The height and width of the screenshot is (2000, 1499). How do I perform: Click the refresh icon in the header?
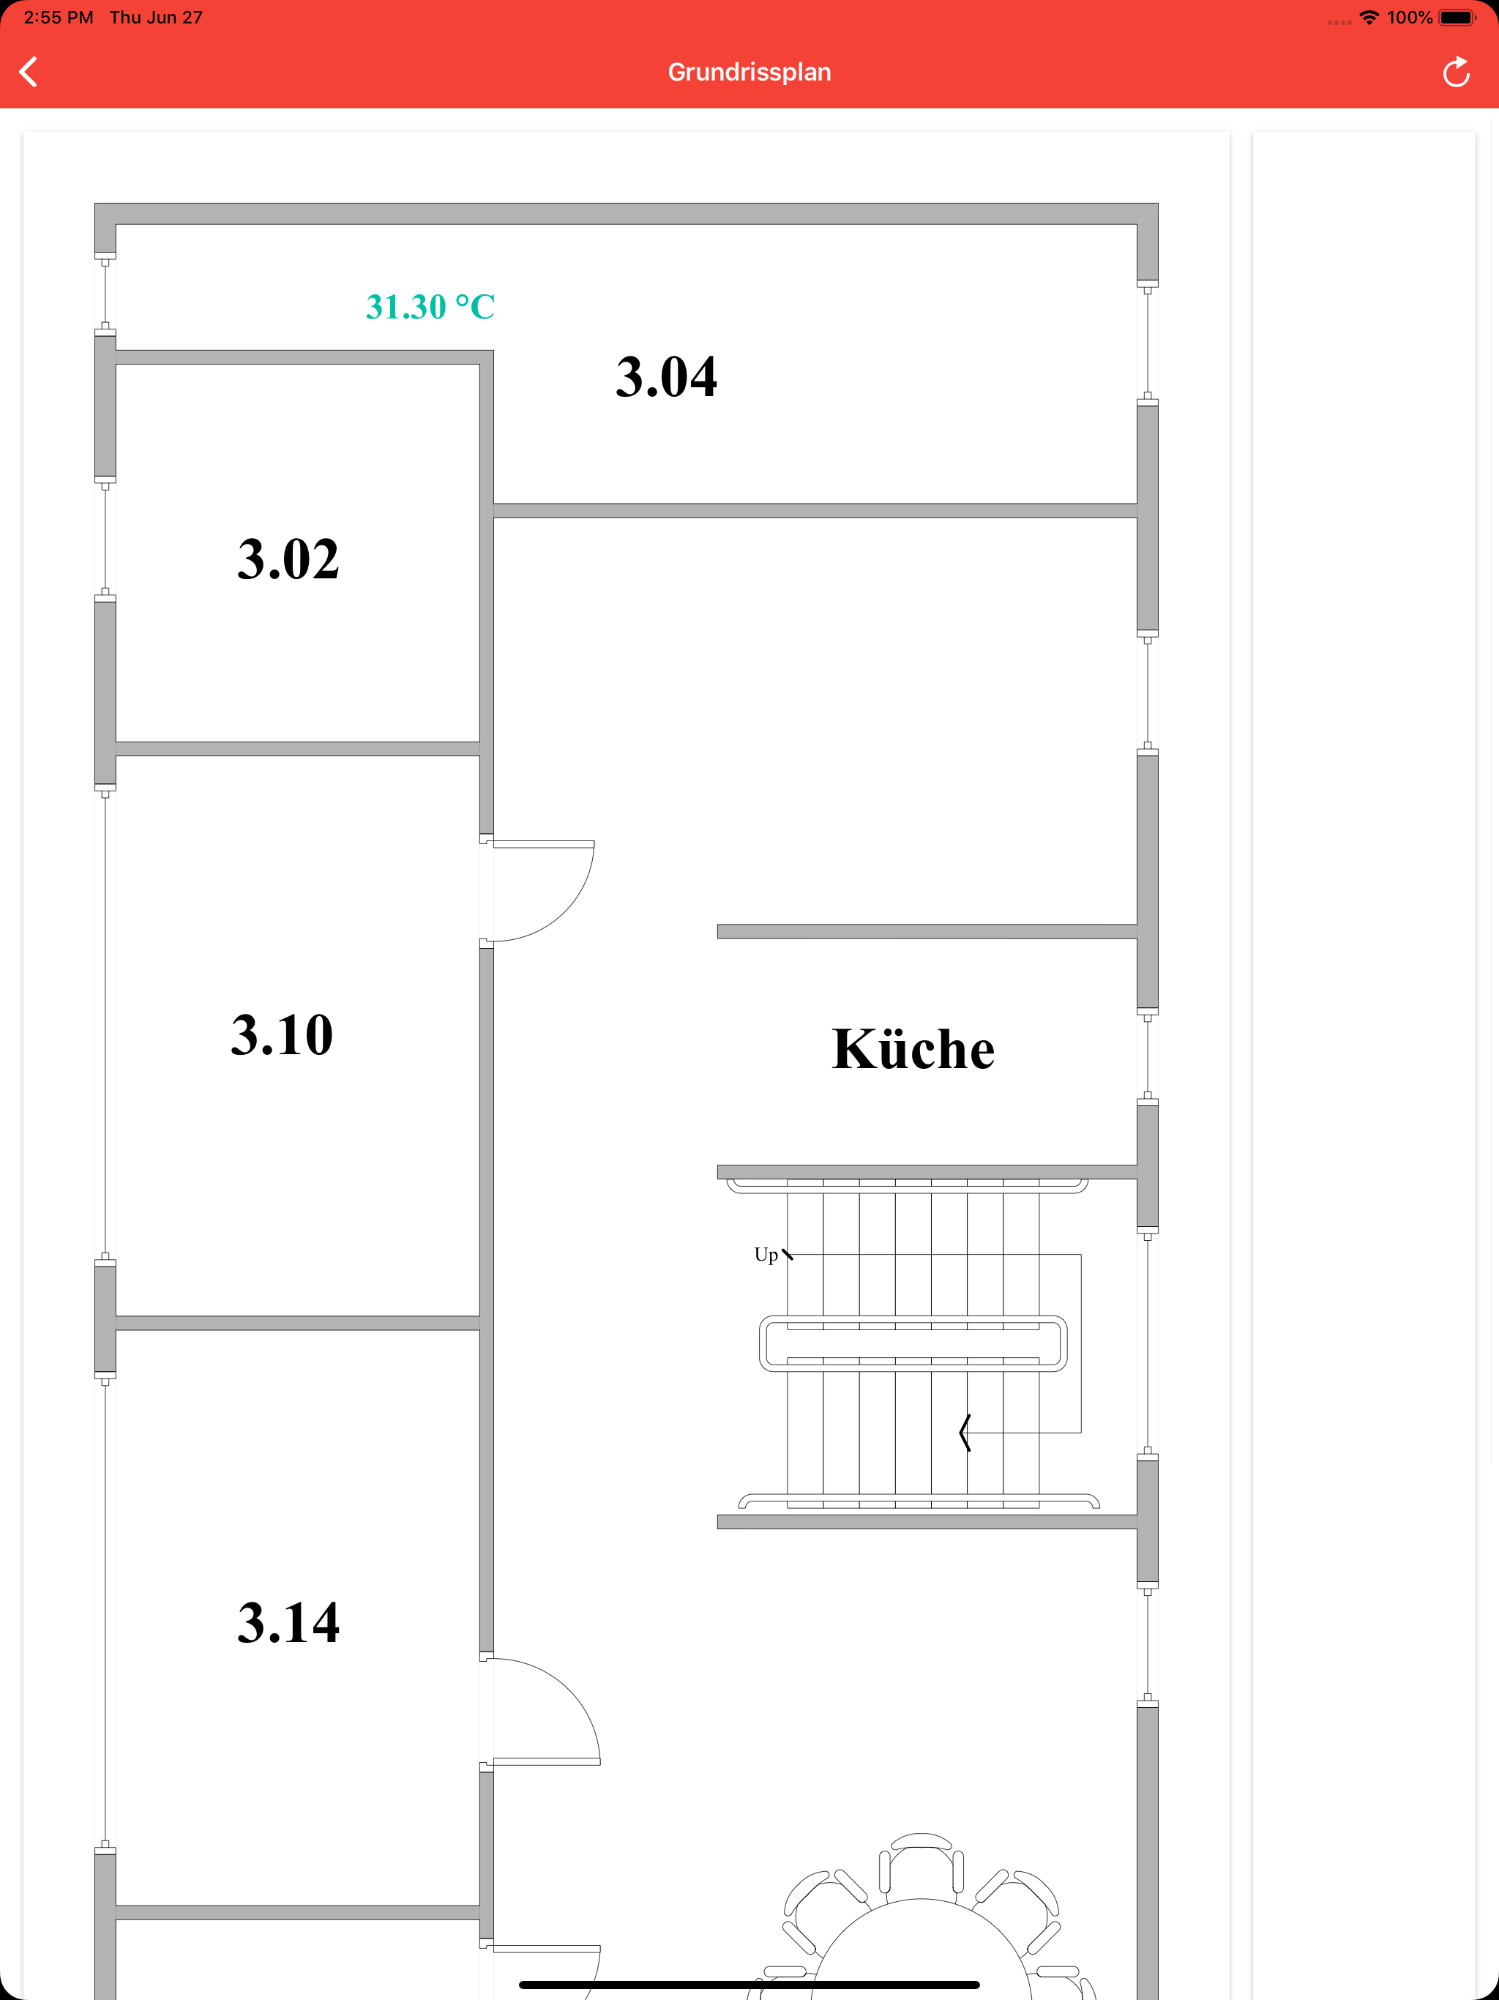1456,72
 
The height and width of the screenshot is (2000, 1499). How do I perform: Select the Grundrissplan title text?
749,72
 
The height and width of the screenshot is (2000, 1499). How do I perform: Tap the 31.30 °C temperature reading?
430,307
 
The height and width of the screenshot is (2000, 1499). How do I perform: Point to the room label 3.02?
288,558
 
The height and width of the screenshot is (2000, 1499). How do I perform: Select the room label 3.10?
282,1034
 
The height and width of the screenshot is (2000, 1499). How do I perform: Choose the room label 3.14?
288,1622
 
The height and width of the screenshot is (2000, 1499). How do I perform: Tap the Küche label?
913,1049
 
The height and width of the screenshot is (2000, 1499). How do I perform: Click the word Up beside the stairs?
766,1254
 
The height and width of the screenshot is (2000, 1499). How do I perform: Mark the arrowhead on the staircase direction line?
965,1433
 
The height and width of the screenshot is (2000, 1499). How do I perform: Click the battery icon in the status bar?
1457,17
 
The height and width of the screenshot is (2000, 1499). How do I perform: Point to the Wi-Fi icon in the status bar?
1369,17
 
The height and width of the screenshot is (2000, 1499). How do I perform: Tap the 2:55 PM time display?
58,17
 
